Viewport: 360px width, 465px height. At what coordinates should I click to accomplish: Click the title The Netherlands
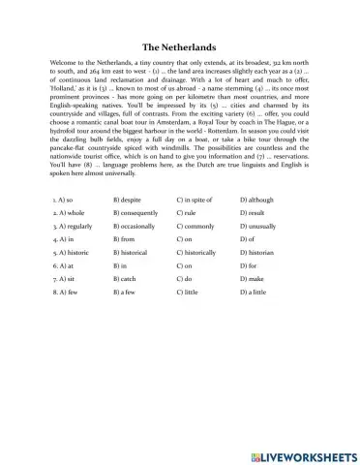pyautogui.click(x=179, y=46)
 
